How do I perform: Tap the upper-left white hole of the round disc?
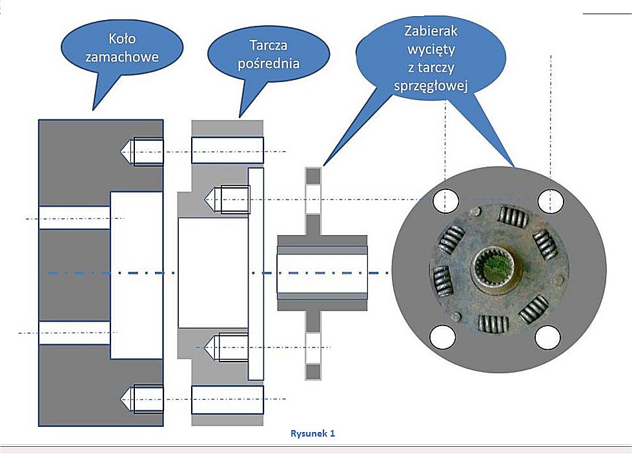click(x=445, y=201)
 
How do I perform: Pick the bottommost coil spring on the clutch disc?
click(x=494, y=323)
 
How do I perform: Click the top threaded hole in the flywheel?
click(x=148, y=152)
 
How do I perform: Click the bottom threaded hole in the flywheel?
click(x=148, y=398)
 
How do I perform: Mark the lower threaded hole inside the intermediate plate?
click(x=234, y=347)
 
